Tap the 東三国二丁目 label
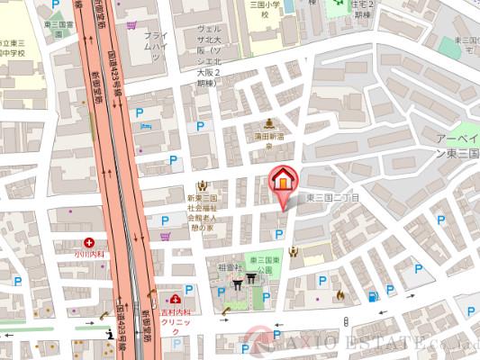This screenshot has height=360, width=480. pos(333,197)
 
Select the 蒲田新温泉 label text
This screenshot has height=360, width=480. pos(267,137)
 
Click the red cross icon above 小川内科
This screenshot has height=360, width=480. pos(90,242)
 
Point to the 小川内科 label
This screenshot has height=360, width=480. pos(90,255)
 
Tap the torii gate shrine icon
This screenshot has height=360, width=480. pos(238,282)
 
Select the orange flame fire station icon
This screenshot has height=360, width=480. pos(340,294)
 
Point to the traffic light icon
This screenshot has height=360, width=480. pos(347,321)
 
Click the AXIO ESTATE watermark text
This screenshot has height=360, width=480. pos(378,343)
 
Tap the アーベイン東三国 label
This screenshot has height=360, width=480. pos(457,147)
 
